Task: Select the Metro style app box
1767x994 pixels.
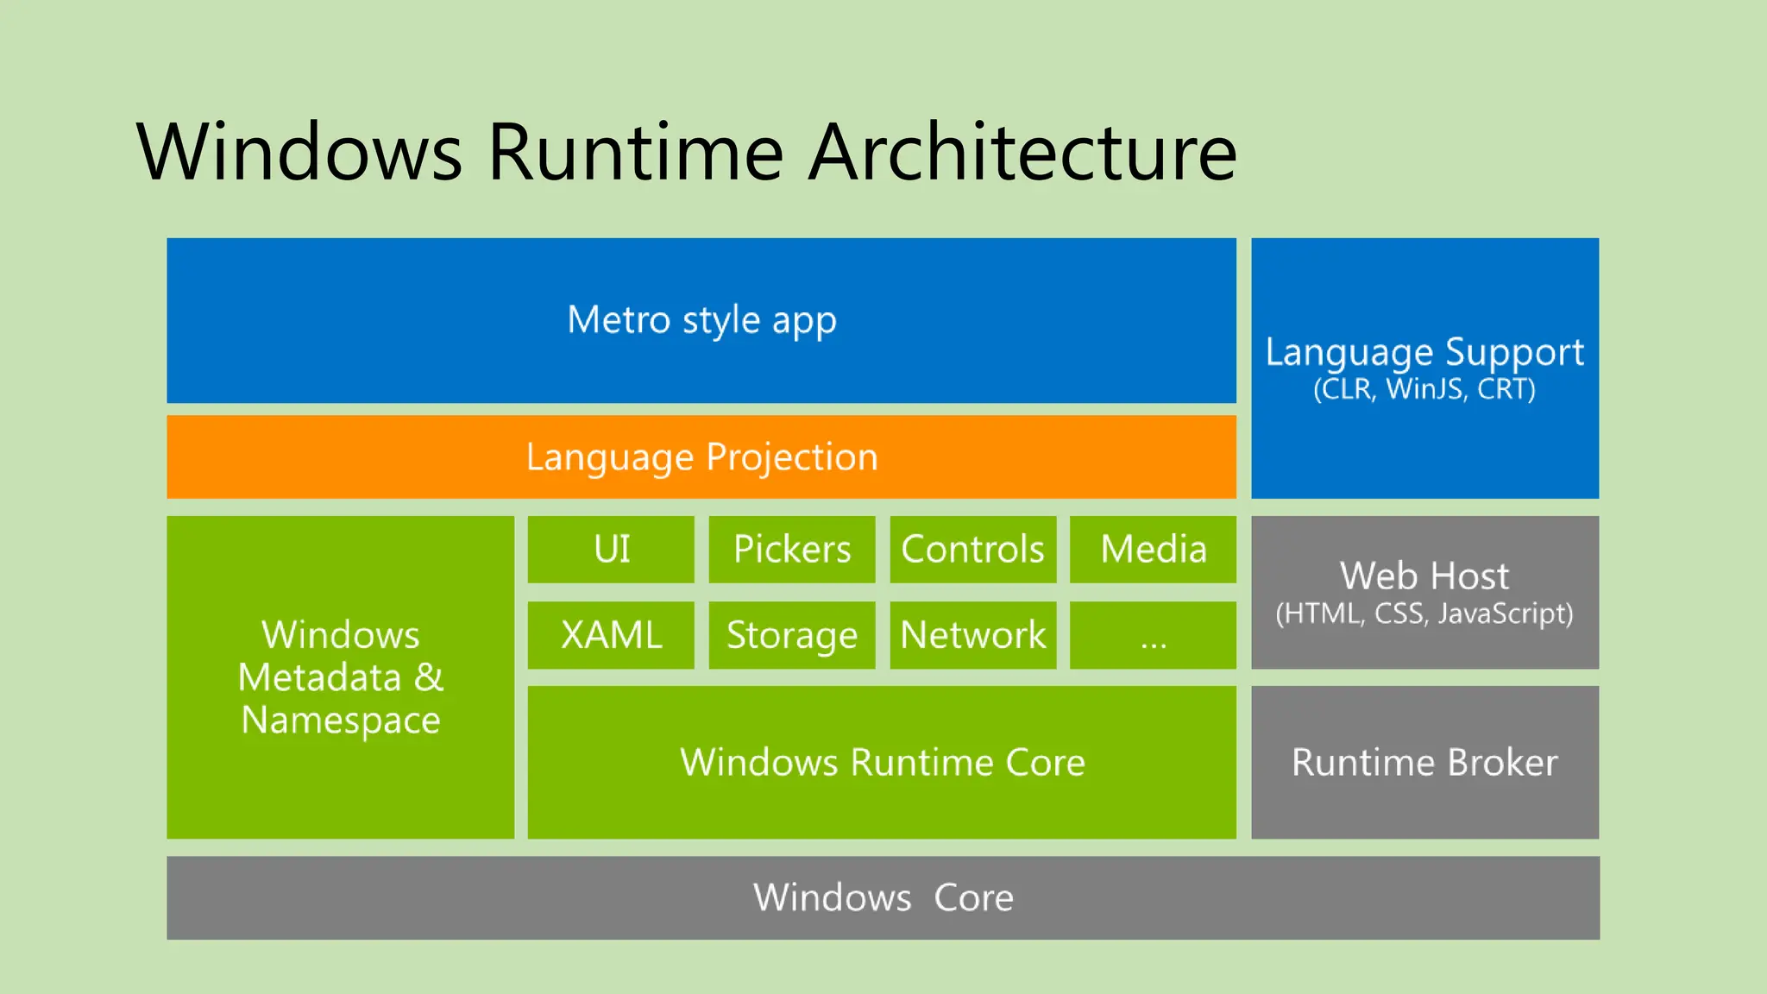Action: pyautogui.click(x=701, y=320)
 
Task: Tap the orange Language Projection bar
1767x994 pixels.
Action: pyautogui.click(x=701, y=456)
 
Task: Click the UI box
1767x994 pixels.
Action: pyautogui.click(x=611, y=549)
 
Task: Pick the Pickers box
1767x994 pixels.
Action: pyautogui.click(x=791, y=549)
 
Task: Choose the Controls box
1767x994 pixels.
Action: pyautogui.click(x=972, y=549)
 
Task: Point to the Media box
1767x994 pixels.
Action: pyautogui.click(x=1153, y=549)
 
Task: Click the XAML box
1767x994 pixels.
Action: pyautogui.click(x=611, y=635)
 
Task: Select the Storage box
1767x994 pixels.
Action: pyautogui.click(x=791, y=635)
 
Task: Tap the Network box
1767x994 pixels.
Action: pyautogui.click(x=972, y=635)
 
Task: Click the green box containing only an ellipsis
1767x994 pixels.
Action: pyautogui.click(x=1153, y=635)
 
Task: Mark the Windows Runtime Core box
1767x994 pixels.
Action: pyautogui.click(x=882, y=762)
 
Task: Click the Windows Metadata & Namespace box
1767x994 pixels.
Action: pyautogui.click(x=340, y=676)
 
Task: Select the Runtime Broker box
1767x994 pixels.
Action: pyautogui.click(x=1424, y=762)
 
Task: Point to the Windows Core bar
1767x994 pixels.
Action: pyautogui.click(x=883, y=897)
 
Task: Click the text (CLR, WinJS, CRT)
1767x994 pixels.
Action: pyautogui.click(x=1424, y=389)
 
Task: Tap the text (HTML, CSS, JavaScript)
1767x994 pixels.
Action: pyautogui.click(x=1424, y=613)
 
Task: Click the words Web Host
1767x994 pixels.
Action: pyautogui.click(x=1424, y=576)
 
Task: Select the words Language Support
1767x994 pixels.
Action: pyautogui.click(x=1424, y=352)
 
